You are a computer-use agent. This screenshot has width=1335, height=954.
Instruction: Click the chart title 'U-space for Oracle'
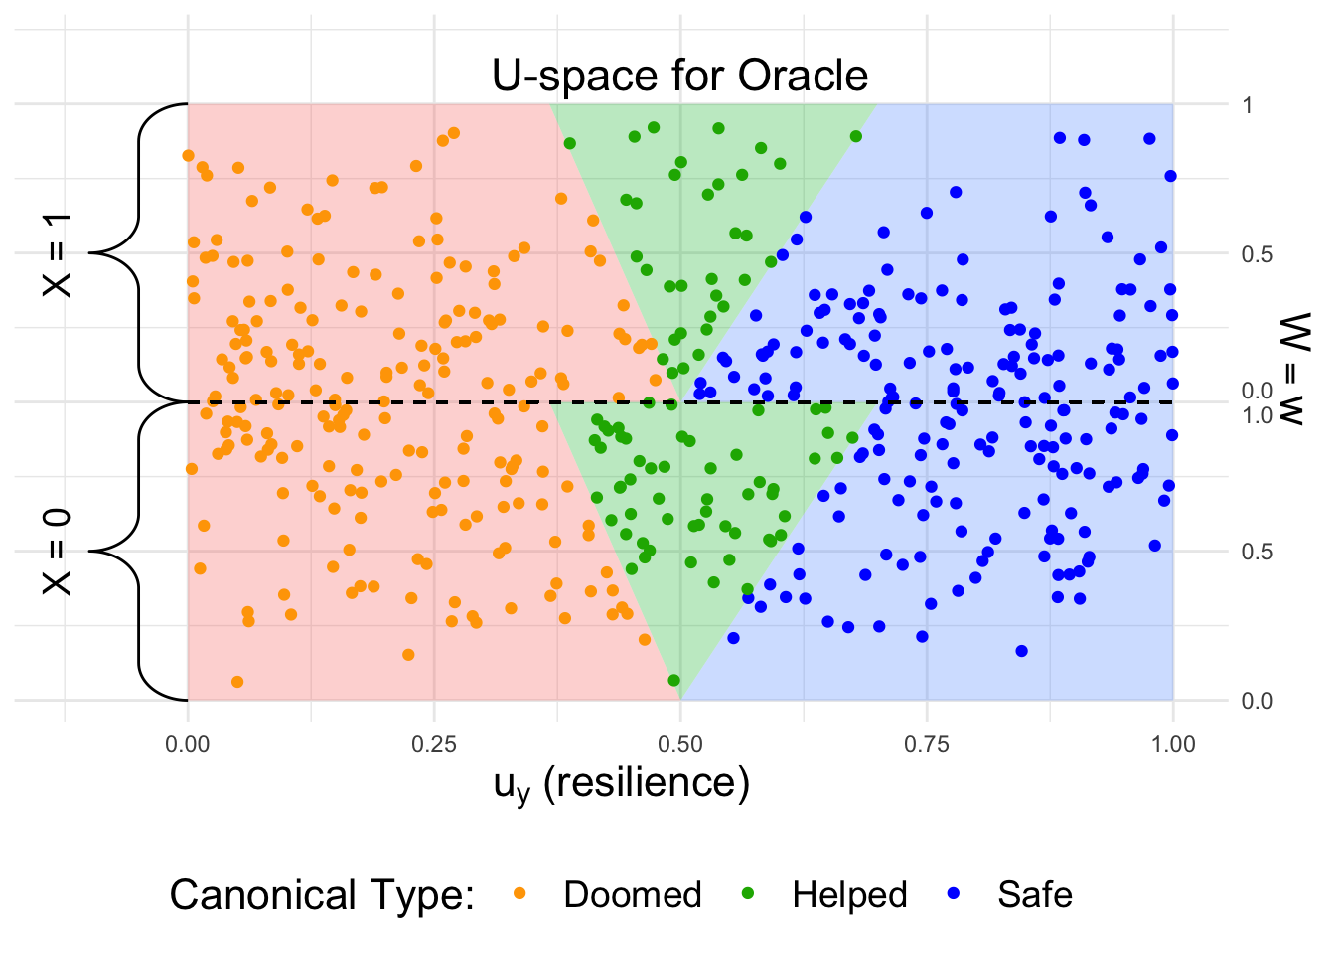pos(680,76)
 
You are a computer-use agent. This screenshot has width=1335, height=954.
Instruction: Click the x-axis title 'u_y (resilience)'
pos(622,784)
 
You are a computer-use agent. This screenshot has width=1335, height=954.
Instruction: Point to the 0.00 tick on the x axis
pos(188,744)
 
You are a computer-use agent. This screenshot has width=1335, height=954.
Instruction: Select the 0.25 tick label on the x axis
pos(434,744)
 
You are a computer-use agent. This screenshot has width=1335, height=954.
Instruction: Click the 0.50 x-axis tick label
pos(680,744)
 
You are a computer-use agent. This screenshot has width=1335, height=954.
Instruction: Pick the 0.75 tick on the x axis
pos(927,744)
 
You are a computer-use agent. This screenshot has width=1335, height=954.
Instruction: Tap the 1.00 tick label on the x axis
pos(1173,744)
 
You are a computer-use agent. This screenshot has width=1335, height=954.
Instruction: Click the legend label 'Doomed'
pos(633,895)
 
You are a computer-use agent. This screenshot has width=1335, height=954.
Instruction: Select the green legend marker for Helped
pos(748,894)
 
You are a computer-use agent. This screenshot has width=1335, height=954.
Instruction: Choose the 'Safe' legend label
pos(1035,895)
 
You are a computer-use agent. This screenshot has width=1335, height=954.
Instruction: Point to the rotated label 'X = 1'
pos(58,253)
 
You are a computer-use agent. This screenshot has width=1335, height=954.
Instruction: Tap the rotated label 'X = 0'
pos(58,552)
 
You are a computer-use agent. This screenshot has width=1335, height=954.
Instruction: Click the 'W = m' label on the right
pos(1294,369)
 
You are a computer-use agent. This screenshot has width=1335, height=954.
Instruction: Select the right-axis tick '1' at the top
pos(1248,105)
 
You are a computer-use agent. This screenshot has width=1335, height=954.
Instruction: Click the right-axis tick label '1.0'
pos(1257,415)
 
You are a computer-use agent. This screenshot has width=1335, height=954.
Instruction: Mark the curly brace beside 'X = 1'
pos(139,253)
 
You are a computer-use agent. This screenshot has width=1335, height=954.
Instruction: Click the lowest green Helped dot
pos(674,681)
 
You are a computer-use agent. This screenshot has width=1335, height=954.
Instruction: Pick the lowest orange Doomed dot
pos(237,682)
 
